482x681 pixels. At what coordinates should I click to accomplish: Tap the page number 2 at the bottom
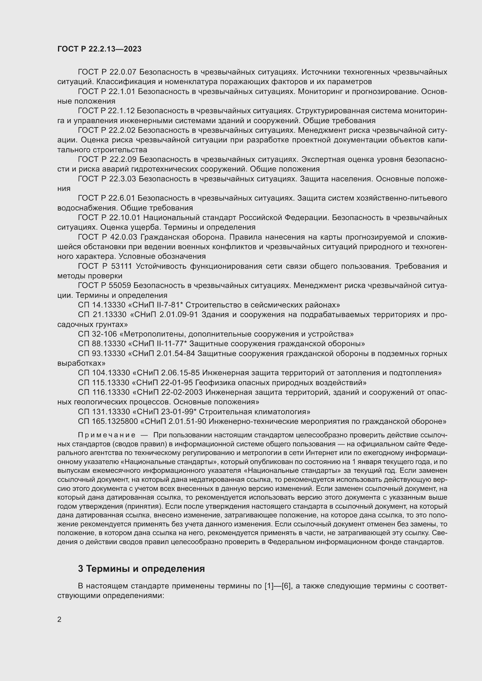59,619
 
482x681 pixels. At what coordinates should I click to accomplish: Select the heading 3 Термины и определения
141,569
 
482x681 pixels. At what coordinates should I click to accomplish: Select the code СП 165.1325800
108,421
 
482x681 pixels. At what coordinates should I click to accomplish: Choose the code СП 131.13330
104,412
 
